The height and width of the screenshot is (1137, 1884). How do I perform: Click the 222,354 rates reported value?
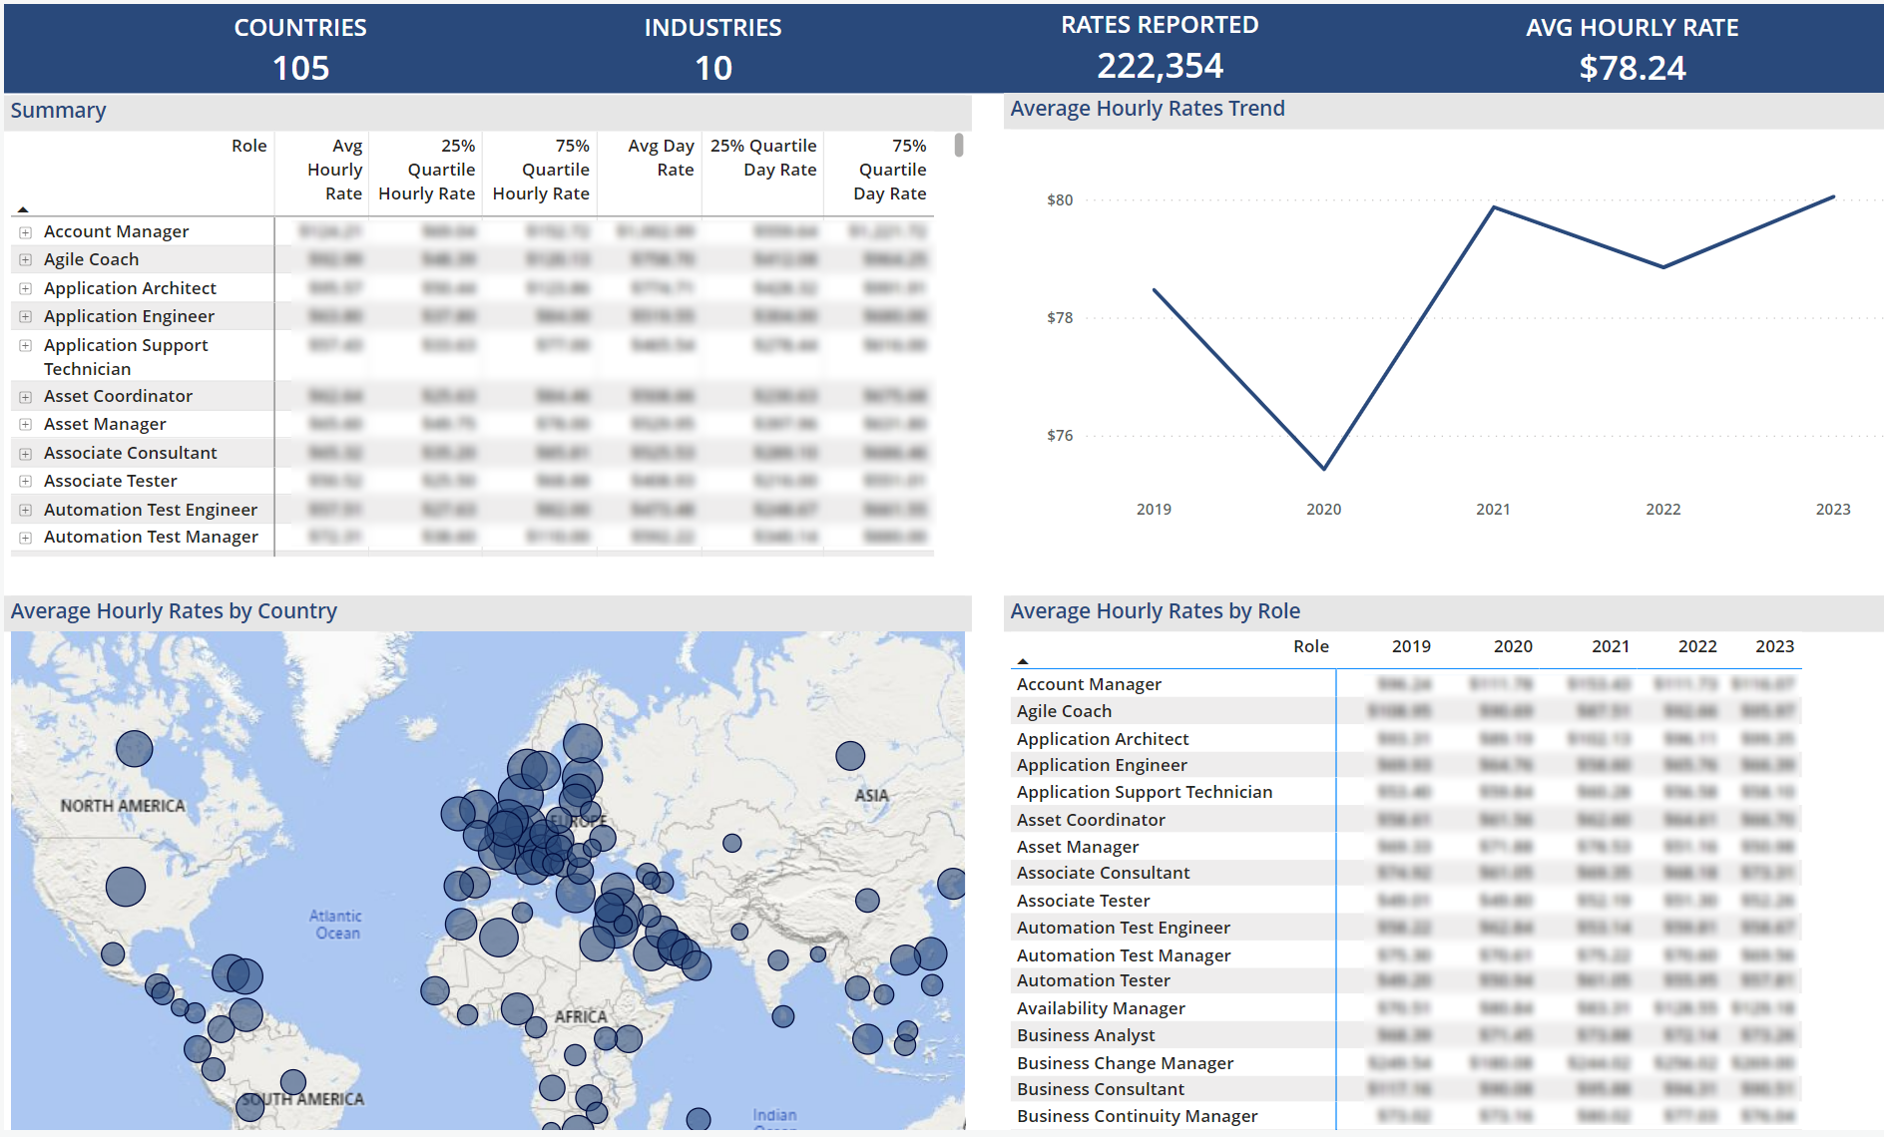click(1160, 66)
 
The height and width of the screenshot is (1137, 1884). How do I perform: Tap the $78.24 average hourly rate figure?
click(1632, 68)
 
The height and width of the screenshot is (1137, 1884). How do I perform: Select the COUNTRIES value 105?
click(300, 68)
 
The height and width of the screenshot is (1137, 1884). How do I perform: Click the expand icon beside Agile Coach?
click(26, 259)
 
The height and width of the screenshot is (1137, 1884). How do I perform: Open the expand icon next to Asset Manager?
click(26, 425)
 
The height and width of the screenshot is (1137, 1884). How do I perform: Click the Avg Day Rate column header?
click(661, 158)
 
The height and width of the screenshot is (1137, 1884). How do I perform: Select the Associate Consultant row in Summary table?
click(130, 453)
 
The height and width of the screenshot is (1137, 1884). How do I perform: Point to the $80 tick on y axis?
click(1060, 200)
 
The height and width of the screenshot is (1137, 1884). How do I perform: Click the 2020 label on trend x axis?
click(1323, 510)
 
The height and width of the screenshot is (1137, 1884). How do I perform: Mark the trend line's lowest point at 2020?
click(1324, 468)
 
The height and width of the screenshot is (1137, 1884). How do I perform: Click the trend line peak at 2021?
click(1493, 207)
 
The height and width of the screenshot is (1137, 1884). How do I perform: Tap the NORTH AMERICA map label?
click(123, 806)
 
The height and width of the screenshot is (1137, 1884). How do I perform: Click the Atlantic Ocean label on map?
click(336, 925)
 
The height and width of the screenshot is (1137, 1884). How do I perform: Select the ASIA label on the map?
click(871, 796)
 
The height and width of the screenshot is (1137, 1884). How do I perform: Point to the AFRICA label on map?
click(581, 1016)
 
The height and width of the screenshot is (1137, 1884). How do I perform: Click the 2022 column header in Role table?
click(1696, 646)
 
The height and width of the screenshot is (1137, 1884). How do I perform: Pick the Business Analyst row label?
click(1086, 1035)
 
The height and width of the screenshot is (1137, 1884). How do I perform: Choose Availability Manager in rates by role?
click(1101, 1008)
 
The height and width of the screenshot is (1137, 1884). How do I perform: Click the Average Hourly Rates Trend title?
click(1147, 109)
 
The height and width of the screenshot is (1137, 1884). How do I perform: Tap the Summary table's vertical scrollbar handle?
click(958, 146)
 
